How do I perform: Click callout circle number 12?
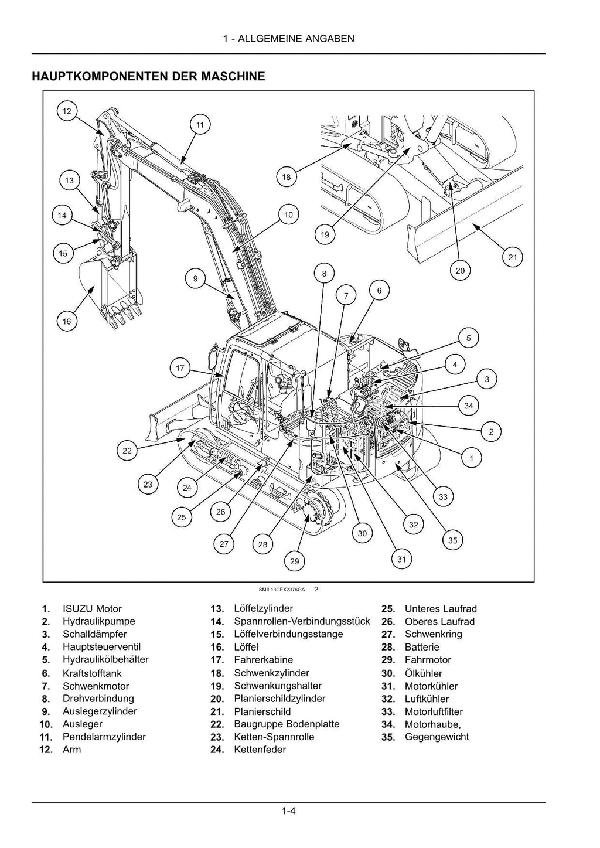click(x=67, y=111)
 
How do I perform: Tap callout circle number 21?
click(x=513, y=257)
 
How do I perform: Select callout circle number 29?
click(x=294, y=561)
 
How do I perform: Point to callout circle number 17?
click(x=180, y=368)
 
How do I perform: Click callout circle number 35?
click(x=452, y=540)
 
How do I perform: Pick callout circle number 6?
click(x=379, y=290)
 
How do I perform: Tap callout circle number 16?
click(x=67, y=321)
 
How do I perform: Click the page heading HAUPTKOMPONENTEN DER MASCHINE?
click(x=148, y=76)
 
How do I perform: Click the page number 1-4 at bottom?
click(x=288, y=812)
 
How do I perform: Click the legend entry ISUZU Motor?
click(x=92, y=609)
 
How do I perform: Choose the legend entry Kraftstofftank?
click(x=92, y=673)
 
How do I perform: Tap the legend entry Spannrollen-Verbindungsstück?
click(x=302, y=621)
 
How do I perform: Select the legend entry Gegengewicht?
click(x=437, y=737)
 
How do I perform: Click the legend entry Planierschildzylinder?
click(x=279, y=699)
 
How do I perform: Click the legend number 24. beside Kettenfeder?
click(x=217, y=750)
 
